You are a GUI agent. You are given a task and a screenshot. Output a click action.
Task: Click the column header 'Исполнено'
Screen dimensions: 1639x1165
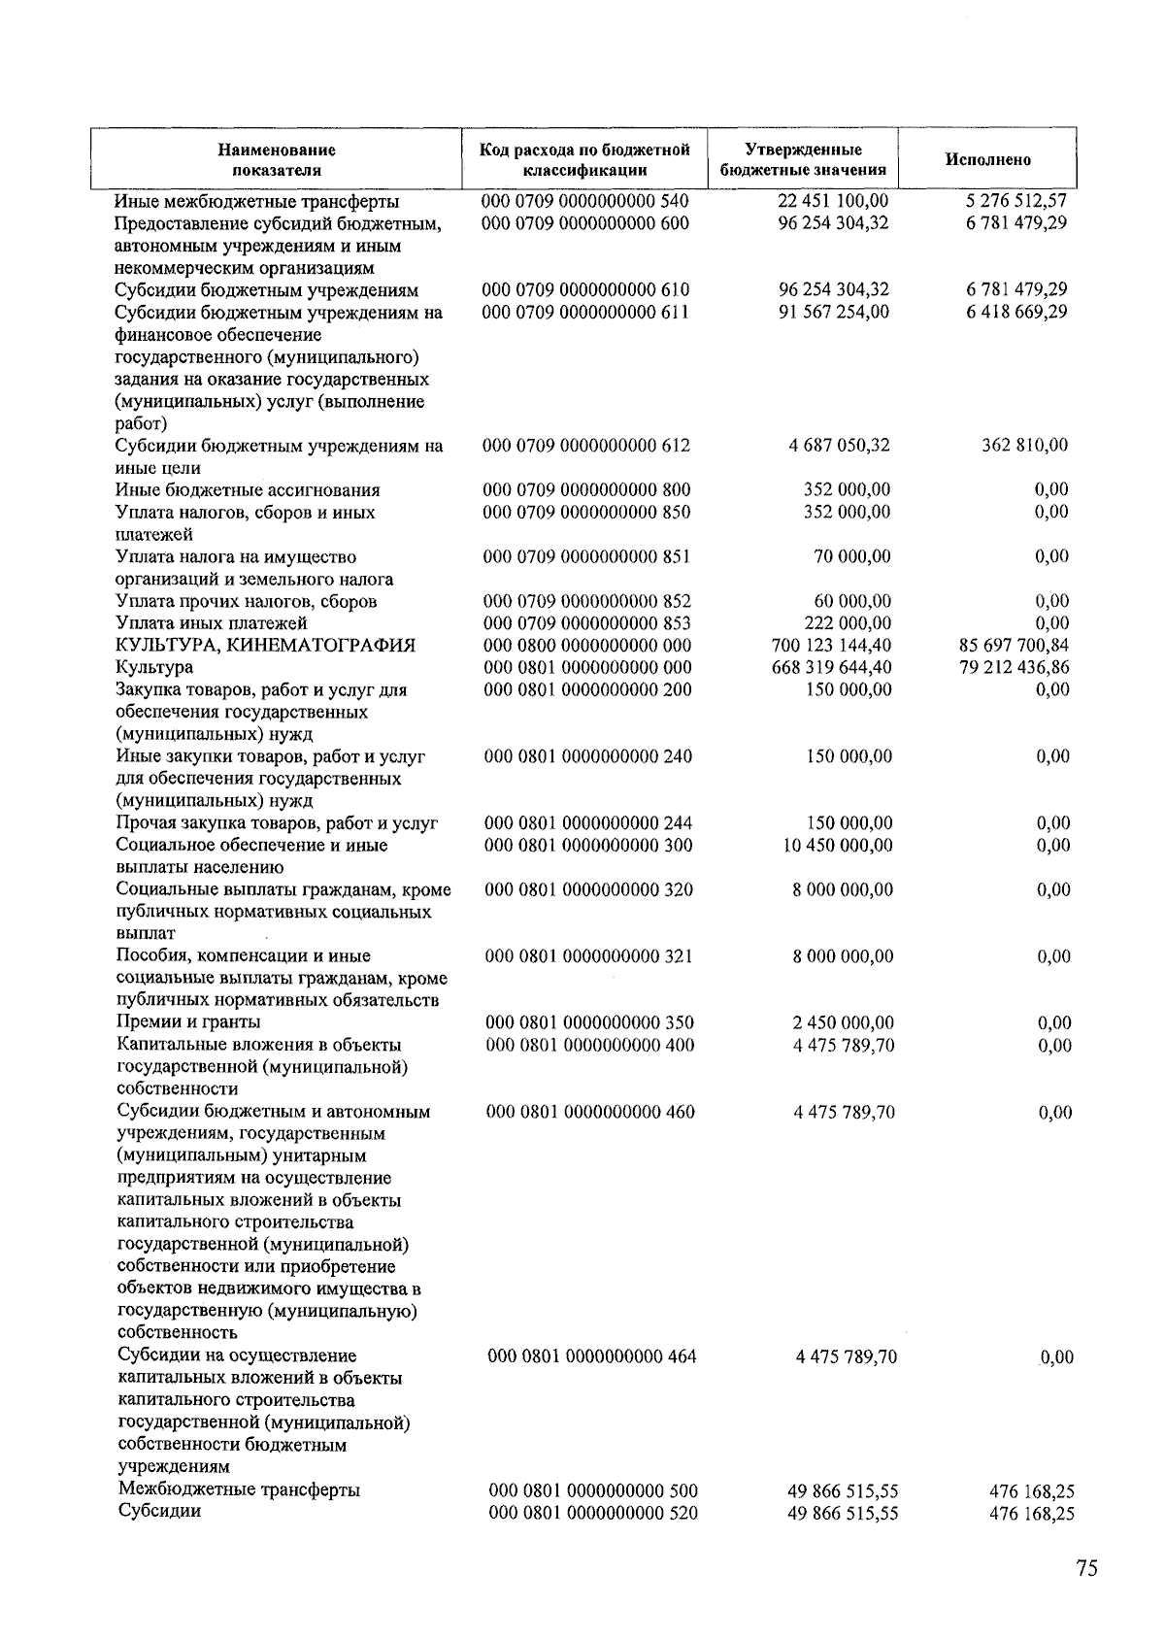pyautogui.click(x=987, y=159)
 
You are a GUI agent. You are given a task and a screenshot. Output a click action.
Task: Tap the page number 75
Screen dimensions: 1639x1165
pyautogui.click(x=1086, y=1568)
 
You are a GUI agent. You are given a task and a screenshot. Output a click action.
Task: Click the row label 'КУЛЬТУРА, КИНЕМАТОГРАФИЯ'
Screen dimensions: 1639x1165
pyautogui.click(x=265, y=646)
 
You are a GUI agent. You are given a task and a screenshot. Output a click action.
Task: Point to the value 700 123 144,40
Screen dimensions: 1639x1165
pyautogui.click(x=835, y=646)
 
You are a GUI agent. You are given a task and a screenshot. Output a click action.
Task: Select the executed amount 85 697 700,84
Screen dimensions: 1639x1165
pyautogui.click(x=1014, y=646)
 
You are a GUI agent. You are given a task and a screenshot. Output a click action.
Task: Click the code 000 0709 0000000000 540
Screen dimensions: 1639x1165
pyautogui.click(x=585, y=201)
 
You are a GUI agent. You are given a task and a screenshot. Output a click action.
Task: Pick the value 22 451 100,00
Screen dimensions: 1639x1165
pyautogui.click(x=833, y=201)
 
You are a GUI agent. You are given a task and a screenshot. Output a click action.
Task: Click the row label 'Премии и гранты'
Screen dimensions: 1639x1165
pyautogui.click(x=188, y=1022)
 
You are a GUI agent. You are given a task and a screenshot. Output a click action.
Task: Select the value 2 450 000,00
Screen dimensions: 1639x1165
pyautogui.click(x=844, y=1022)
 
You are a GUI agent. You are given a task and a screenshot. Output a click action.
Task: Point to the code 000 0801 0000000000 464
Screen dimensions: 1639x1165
pyautogui.click(x=591, y=1356)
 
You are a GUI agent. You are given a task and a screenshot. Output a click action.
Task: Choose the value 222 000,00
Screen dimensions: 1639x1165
pyautogui.click(x=848, y=623)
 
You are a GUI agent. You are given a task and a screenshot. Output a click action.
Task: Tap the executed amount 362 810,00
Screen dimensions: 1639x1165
pyautogui.click(x=1023, y=446)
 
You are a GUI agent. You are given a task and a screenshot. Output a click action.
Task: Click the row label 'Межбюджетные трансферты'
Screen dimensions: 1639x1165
pyautogui.click(x=239, y=1490)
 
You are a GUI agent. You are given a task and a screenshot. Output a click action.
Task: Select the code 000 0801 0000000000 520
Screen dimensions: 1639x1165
pyautogui.click(x=593, y=1513)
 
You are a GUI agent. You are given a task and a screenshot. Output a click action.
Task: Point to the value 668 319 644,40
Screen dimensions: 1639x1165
pyautogui.click(x=836, y=668)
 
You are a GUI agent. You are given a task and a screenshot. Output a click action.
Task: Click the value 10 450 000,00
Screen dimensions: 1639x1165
pyautogui.click(x=838, y=846)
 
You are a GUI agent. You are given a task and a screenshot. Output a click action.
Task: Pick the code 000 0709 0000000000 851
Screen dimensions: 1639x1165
pyautogui.click(x=586, y=557)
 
